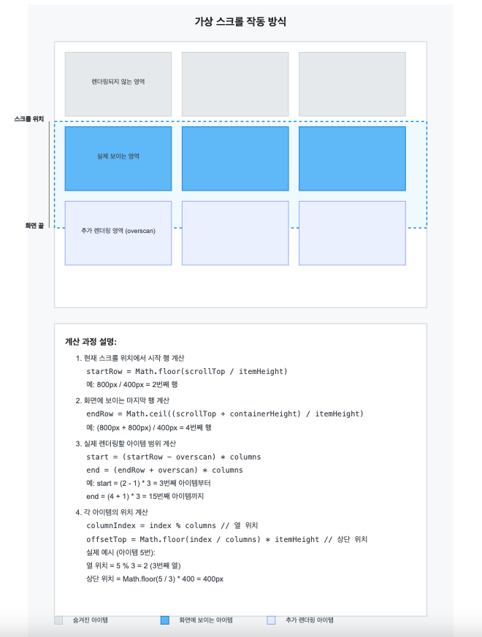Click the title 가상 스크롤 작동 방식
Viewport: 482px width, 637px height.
click(x=240, y=22)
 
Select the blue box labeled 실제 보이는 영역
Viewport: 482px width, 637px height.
click(x=118, y=158)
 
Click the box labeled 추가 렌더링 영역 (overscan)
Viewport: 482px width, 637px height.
click(x=118, y=232)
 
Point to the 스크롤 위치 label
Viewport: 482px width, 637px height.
click(x=29, y=118)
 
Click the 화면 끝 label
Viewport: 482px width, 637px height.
click(x=34, y=226)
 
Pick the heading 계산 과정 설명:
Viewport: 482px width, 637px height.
click(x=91, y=341)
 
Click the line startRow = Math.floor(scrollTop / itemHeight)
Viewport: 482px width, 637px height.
click(x=187, y=371)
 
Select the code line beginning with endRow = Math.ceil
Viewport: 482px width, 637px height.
click(x=225, y=413)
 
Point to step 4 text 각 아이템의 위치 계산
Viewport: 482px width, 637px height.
click(x=121, y=512)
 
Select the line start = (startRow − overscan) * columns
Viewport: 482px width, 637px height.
click(x=174, y=457)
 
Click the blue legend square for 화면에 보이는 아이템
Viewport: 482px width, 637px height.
click(x=164, y=620)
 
